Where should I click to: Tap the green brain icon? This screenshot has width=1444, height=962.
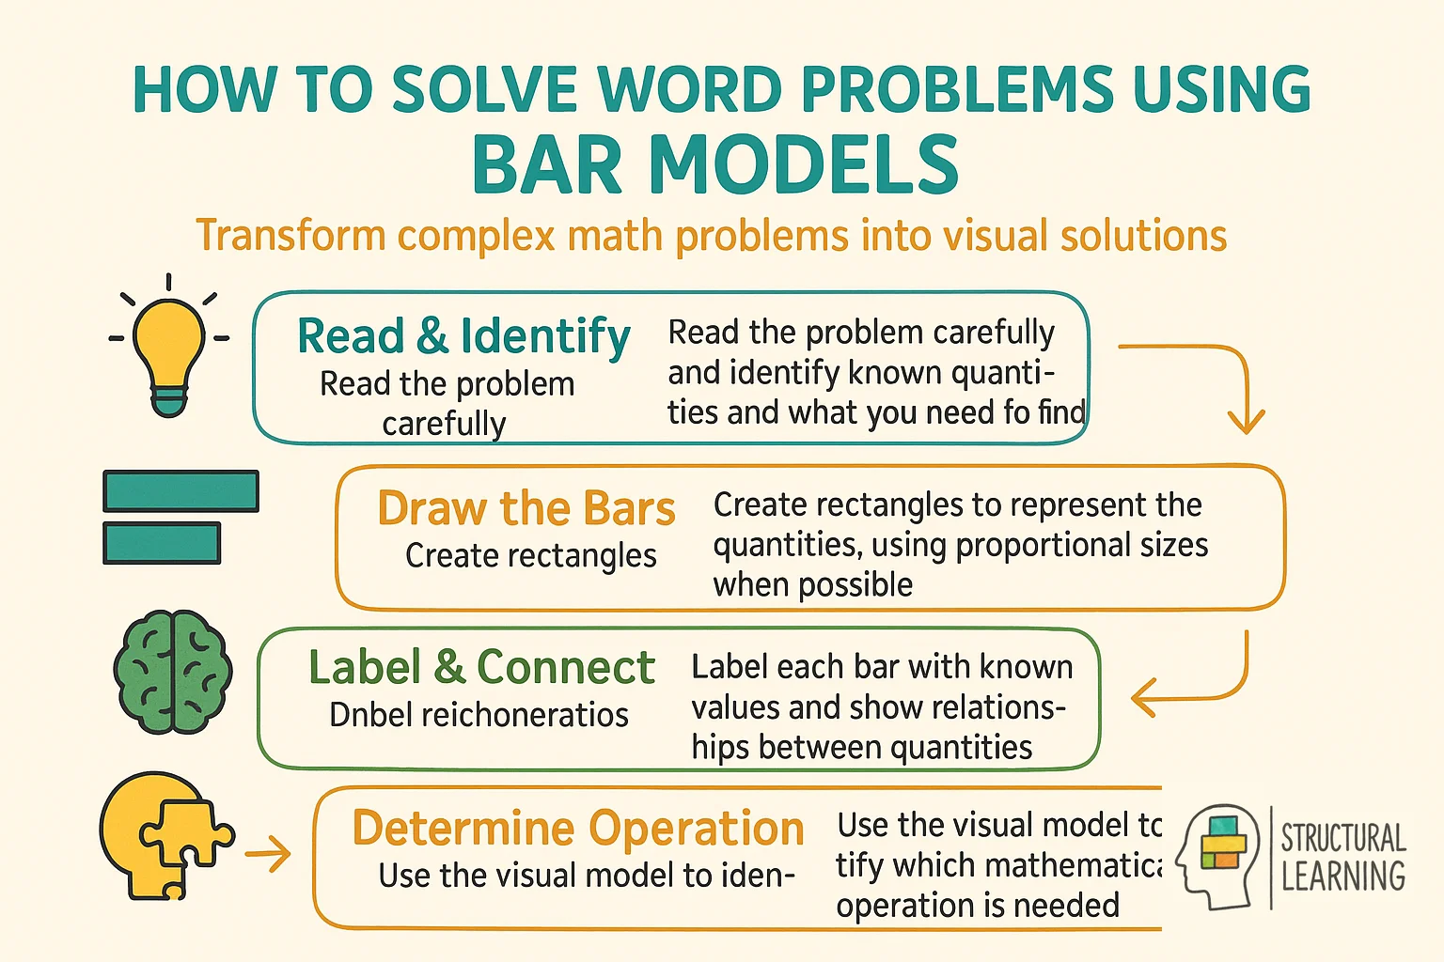point(173,673)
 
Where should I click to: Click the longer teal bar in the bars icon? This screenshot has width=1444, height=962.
point(180,491)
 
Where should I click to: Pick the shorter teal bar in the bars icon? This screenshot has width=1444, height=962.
point(162,543)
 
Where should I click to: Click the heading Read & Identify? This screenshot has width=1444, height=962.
point(463,336)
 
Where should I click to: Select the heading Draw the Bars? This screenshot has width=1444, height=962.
point(526,508)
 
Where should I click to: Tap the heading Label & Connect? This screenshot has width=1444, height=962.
point(481,668)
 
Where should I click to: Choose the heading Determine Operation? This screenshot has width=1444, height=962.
point(578,829)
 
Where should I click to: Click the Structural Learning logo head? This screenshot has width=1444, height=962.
point(1216,856)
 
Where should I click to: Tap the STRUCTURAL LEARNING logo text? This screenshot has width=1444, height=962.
point(1342,857)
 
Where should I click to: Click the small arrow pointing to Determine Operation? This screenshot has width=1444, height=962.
point(268,854)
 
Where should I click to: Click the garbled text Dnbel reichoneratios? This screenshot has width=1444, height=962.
point(479,715)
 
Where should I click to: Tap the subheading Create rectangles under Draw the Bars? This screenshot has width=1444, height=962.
point(530,555)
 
